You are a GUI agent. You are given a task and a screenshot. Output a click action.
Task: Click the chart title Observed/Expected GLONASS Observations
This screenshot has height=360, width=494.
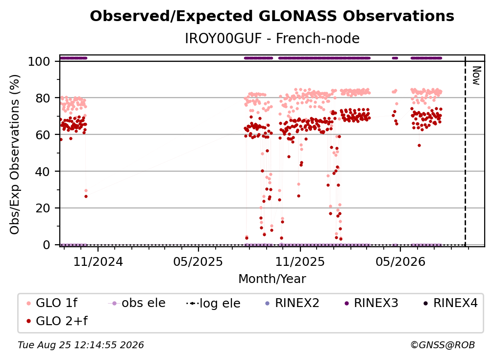pyautogui.click(x=272, y=16)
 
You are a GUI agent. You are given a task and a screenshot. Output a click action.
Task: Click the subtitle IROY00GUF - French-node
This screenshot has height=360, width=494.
pyautogui.click(x=272, y=38)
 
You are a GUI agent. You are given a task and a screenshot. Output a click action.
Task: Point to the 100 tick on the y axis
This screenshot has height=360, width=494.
pyautogui.click(x=39, y=61)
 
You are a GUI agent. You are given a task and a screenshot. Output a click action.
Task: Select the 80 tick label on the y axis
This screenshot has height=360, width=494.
pyautogui.click(x=43, y=98)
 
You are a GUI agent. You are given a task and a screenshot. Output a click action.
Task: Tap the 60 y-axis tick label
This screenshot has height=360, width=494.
pyautogui.click(x=43, y=135)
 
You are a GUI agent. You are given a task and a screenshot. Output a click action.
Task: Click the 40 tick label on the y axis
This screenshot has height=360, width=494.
pyautogui.click(x=43, y=172)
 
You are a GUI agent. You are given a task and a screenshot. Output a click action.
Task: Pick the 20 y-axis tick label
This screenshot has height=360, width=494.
pyautogui.click(x=43, y=208)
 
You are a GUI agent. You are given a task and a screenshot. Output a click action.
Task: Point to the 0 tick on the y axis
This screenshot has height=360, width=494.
pyautogui.click(x=47, y=245)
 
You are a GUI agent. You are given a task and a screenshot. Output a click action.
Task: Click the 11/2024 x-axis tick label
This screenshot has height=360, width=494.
pyautogui.click(x=98, y=261)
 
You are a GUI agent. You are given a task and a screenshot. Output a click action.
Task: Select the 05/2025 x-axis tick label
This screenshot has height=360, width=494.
pyautogui.click(x=198, y=261)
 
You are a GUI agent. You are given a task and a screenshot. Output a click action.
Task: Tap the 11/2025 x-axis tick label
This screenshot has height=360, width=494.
pyautogui.click(x=300, y=261)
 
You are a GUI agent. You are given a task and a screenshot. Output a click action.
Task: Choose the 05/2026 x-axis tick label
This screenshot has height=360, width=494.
pyautogui.click(x=400, y=261)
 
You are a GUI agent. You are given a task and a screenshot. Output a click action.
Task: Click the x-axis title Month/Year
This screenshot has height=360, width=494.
pyautogui.click(x=272, y=279)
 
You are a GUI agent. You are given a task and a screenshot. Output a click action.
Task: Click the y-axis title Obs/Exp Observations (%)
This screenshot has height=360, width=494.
pyautogui.click(x=15, y=154)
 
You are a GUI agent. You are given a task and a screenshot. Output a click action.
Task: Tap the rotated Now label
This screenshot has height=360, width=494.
pyautogui.click(x=476, y=76)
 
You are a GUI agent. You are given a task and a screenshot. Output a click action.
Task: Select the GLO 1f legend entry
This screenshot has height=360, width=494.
pyautogui.click(x=52, y=303)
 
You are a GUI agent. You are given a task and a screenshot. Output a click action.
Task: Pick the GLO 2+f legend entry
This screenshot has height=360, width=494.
pyautogui.click(x=57, y=321)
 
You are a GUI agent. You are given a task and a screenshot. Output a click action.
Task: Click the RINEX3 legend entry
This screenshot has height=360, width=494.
pyautogui.click(x=371, y=303)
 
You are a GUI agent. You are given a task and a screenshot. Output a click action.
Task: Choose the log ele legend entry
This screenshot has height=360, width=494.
pyautogui.click(x=213, y=303)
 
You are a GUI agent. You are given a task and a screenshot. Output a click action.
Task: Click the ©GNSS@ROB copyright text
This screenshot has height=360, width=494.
pyautogui.click(x=443, y=345)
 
